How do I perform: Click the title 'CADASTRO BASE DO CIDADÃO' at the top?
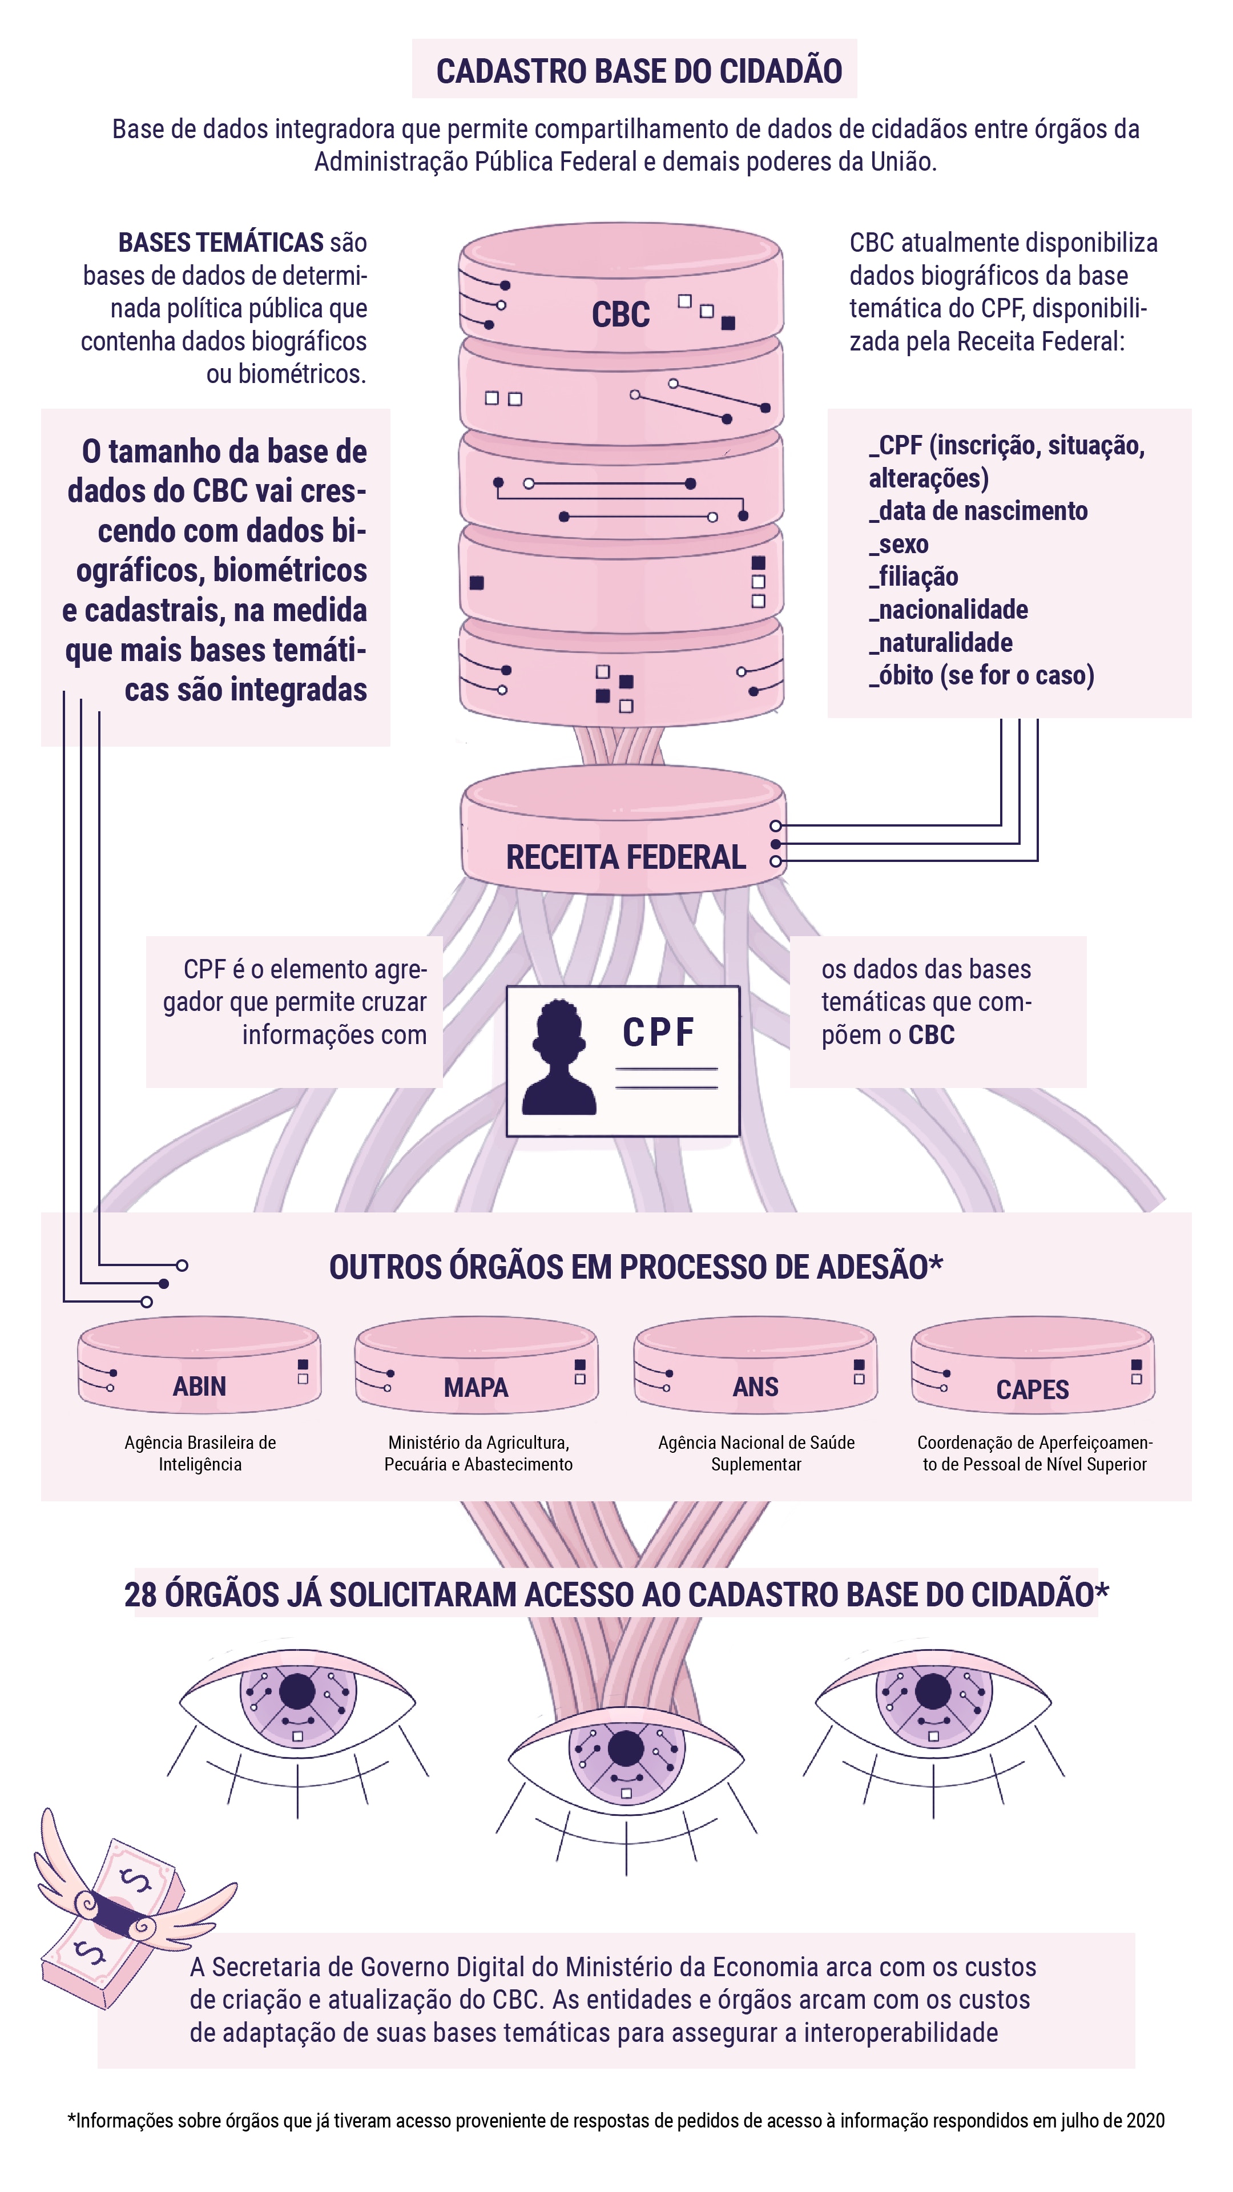(639, 71)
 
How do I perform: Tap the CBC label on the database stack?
(620, 315)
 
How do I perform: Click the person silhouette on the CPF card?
(558, 1058)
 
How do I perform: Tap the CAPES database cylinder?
(1032, 1367)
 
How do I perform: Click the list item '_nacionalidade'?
(949, 609)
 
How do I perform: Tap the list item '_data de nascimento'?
(978, 510)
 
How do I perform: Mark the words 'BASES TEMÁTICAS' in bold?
(220, 243)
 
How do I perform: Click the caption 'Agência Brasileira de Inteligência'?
(200, 1453)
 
